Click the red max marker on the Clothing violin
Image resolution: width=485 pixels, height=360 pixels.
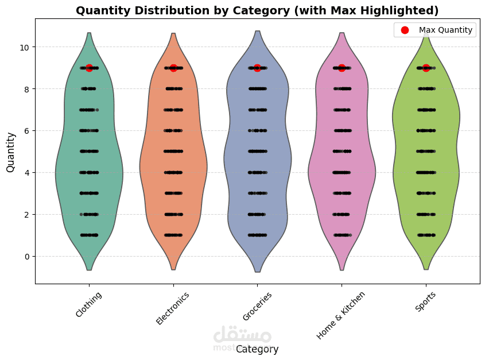pyautogui.click(x=89, y=68)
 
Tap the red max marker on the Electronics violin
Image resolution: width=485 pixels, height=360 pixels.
pyautogui.click(x=173, y=68)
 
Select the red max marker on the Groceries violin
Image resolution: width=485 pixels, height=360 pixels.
pyautogui.click(x=257, y=68)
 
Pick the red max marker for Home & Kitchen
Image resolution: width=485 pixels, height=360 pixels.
pyautogui.click(x=342, y=68)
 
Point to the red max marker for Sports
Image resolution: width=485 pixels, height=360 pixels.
pyautogui.click(x=426, y=68)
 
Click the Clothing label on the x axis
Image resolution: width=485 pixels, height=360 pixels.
pyautogui.click(x=89, y=304)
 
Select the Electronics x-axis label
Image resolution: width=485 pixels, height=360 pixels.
pyautogui.click(x=173, y=308)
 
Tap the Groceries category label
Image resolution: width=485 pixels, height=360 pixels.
pyautogui.click(x=257, y=306)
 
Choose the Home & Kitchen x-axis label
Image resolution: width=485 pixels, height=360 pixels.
pyautogui.click(x=341, y=315)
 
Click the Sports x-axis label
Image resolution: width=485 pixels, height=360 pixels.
pyautogui.click(x=425, y=301)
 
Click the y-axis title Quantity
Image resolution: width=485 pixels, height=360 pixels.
pyautogui.click(x=10, y=152)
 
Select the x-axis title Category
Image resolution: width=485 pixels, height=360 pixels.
pyautogui.click(x=257, y=349)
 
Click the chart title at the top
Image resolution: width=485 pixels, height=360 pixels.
pyautogui.click(x=257, y=10)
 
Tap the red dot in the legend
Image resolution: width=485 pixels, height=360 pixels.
pyautogui.click(x=404, y=30)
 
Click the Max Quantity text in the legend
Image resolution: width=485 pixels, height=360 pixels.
pyautogui.click(x=446, y=30)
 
